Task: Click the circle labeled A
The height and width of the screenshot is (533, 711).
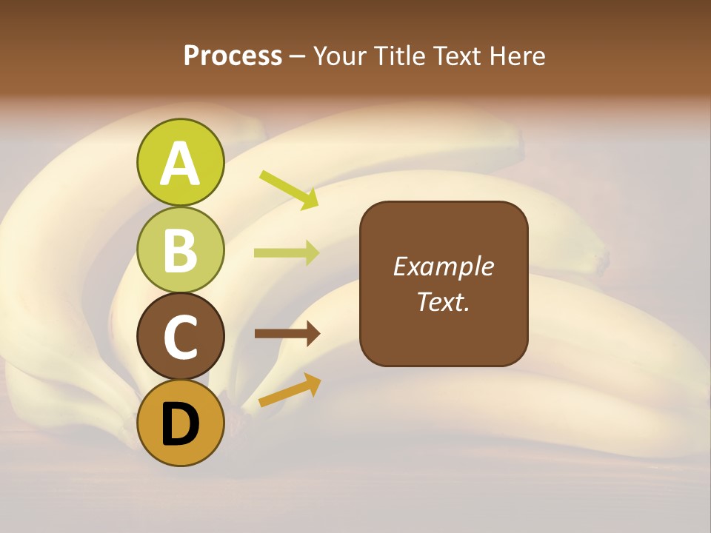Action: (180, 162)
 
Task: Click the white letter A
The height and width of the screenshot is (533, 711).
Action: (180, 163)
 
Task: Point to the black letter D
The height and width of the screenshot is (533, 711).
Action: (180, 425)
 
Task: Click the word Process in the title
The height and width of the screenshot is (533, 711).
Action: (233, 56)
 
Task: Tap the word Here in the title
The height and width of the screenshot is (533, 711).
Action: (518, 56)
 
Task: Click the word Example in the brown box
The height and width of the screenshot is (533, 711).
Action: (443, 267)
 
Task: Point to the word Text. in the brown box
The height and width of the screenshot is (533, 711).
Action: (443, 301)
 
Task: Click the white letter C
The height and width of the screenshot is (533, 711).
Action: (180, 338)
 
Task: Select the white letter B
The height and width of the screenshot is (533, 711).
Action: (180, 250)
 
